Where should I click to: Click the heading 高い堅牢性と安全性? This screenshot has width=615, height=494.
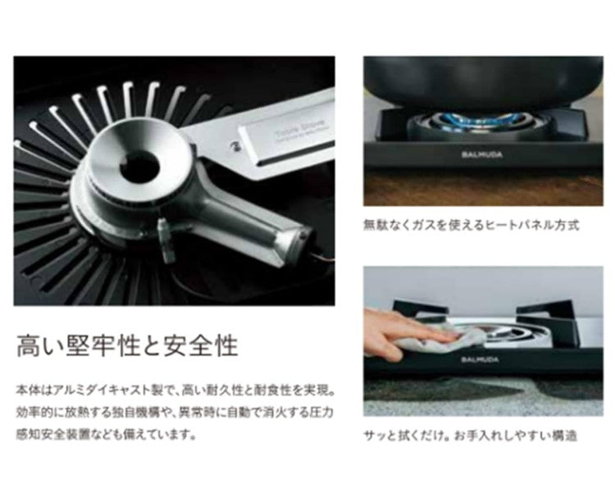[x=126, y=345]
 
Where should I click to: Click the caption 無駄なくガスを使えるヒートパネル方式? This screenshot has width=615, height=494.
[x=471, y=223]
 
